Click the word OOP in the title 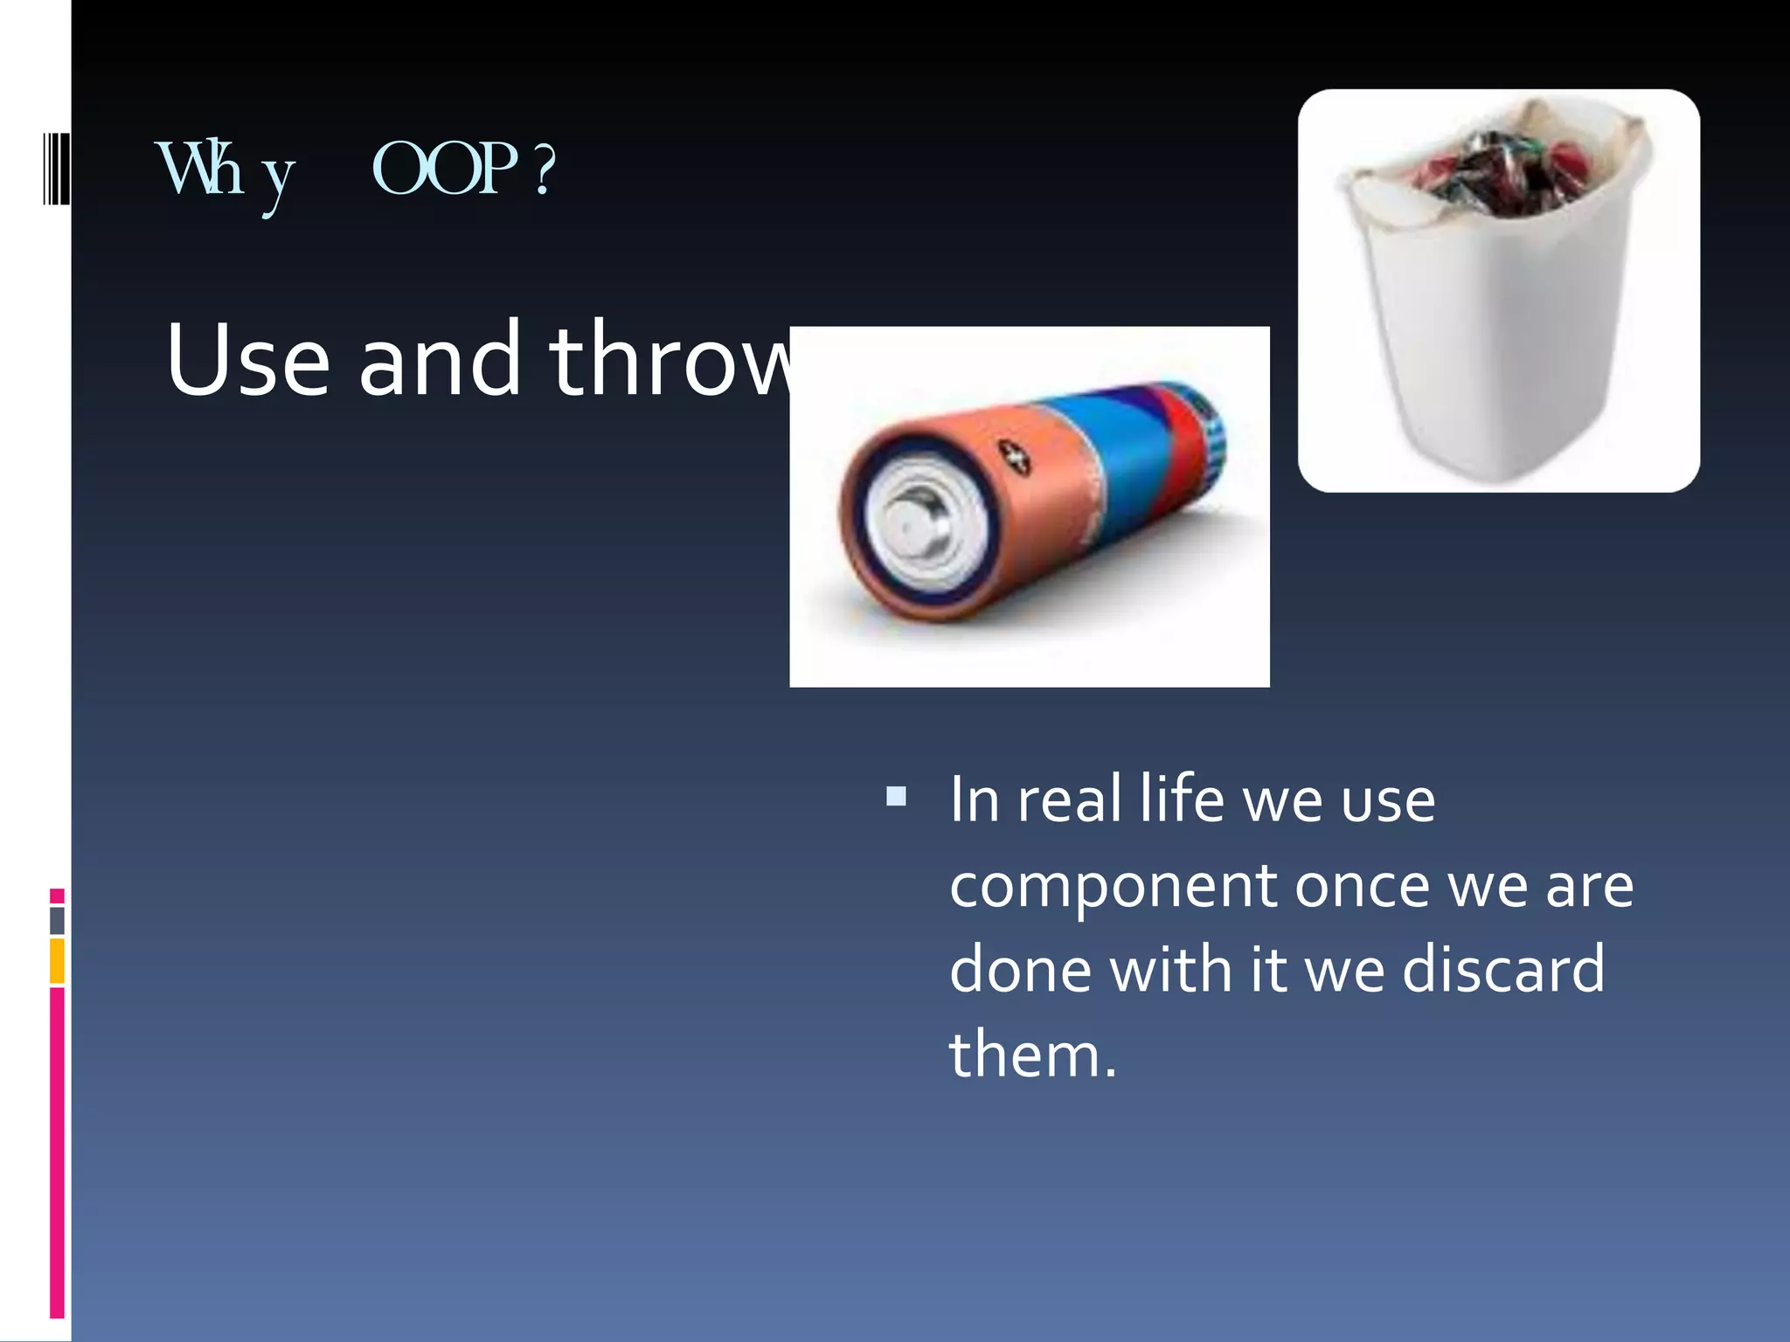(444, 169)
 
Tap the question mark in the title (544, 169)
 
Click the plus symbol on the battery (1016, 456)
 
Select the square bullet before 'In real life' (896, 796)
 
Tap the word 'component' (1112, 888)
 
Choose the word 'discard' (1503, 970)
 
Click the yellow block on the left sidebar (57, 961)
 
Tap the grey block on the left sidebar (57, 920)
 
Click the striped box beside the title (56, 168)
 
